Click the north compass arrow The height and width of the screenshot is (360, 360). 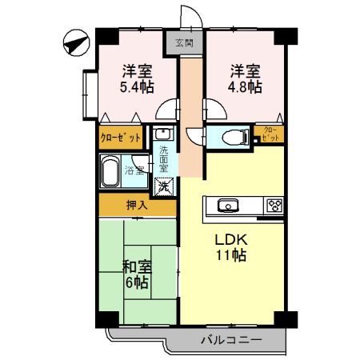[74, 42]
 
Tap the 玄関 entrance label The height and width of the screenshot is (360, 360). [183, 42]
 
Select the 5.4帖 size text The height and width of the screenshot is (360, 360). [138, 87]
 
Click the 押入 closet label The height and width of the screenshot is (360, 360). [136, 205]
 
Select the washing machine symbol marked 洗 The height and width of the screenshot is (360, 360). [162, 186]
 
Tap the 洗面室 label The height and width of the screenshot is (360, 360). [163, 160]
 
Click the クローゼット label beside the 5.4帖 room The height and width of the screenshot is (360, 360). [122, 137]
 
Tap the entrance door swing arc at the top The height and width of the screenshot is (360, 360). [190, 16]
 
